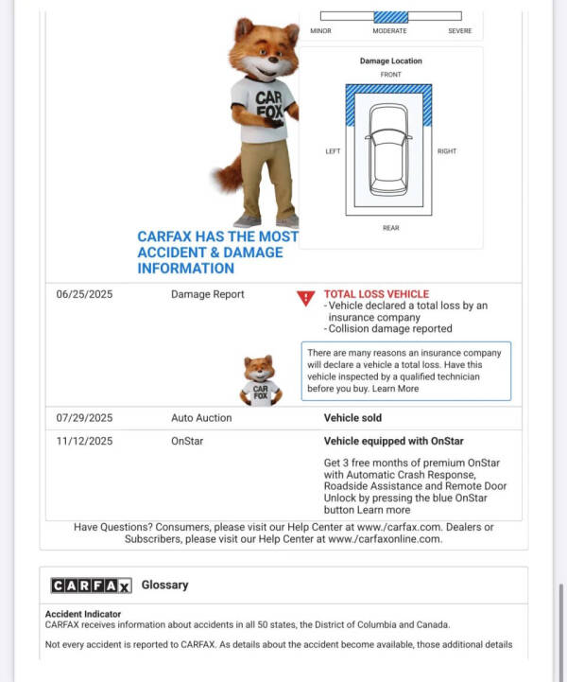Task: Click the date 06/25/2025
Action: (84, 294)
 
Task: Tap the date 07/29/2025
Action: (84, 417)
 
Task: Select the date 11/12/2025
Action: (84, 441)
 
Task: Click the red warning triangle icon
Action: (305, 298)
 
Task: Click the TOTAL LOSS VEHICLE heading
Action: (376, 294)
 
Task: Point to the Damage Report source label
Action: (207, 294)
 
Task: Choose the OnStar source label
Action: (187, 441)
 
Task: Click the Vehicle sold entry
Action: (352, 417)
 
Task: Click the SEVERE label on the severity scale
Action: (459, 31)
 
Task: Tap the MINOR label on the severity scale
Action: (320, 31)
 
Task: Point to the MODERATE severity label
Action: (389, 31)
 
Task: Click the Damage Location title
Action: (390, 61)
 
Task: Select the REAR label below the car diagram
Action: (390, 228)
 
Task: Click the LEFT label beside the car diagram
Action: (333, 151)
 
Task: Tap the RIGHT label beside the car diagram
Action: (446, 151)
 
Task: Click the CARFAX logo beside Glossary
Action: (91, 586)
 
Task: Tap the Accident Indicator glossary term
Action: (83, 614)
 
